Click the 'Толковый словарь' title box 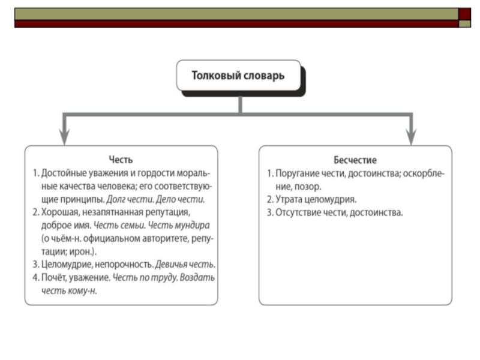point(238,76)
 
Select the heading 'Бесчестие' point(355,160)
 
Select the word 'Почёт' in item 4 point(53,278)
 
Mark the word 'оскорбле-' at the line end point(424,173)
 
